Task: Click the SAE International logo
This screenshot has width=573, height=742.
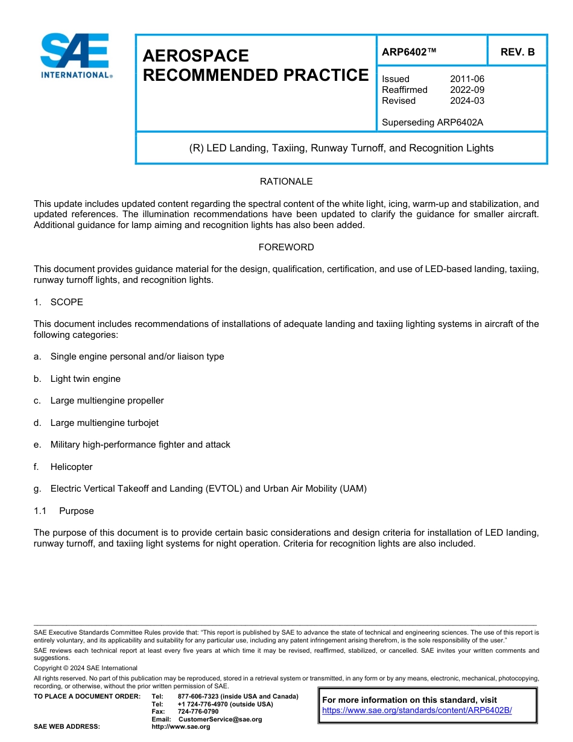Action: [x=75, y=55]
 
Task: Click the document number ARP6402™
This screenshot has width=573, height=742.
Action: [x=409, y=52]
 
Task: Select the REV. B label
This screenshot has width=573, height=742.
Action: [x=518, y=52]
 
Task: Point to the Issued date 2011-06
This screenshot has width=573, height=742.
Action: [x=467, y=79]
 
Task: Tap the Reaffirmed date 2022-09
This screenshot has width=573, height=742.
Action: [x=467, y=90]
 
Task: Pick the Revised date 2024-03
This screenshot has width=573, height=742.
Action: [x=467, y=101]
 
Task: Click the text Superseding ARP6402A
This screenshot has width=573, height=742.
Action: [x=432, y=122]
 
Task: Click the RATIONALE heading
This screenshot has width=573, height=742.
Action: [x=286, y=182]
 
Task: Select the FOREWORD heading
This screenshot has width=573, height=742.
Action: [x=286, y=247]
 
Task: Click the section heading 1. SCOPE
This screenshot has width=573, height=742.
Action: [x=59, y=302]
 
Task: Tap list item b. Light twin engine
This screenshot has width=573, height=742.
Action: [x=85, y=379]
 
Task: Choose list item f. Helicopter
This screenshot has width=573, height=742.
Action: [x=71, y=467]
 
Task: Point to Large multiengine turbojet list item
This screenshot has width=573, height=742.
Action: [x=104, y=423]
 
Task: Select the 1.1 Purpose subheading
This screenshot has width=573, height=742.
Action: [x=64, y=511]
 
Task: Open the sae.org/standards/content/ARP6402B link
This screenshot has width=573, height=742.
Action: [x=417, y=711]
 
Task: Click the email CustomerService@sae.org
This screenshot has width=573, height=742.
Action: [x=220, y=719]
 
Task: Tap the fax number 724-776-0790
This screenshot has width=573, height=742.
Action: [x=198, y=712]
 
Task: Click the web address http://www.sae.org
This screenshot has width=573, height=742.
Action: [x=181, y=727]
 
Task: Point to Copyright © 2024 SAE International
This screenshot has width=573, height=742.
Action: [x=86, y=668]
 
